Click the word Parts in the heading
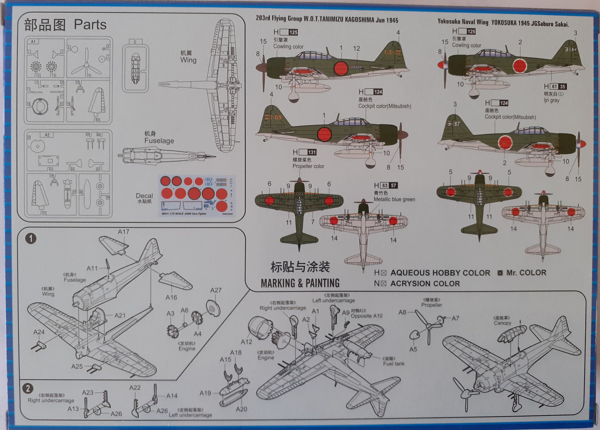point(90,25)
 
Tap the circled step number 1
point(31,238)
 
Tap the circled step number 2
point(28,388)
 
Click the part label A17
point(123,232)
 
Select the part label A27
point(216,290)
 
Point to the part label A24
point(39,332)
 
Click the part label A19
point(205,393)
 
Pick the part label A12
point(247,342)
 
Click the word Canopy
point(502,323)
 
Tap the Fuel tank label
point(394,364)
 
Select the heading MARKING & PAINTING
point(300,283)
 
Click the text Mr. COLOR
point(526,273)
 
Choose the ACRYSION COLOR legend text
point(425,284)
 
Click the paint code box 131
point(312,152)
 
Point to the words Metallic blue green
point(394,199)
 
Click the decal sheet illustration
point(197,195)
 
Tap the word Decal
point(144,196)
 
